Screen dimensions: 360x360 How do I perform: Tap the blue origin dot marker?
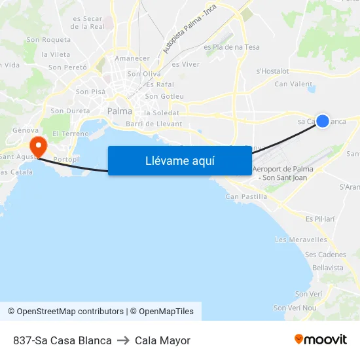[x=323, y=120]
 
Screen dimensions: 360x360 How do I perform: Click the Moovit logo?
[x=320, y=340]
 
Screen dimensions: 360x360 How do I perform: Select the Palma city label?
[x=120, y=111]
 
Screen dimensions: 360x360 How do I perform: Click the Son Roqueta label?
[x=48, y=40]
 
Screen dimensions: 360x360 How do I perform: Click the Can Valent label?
[x=293, y=84]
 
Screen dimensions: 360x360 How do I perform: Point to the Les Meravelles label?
[x=301, y=240]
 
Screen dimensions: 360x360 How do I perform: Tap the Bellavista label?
[x=328, y=268]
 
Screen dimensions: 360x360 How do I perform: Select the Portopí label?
[x=66, y=160]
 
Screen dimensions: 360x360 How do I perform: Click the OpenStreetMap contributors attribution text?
[x=69, y=312]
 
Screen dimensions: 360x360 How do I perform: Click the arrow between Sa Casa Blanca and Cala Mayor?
[x=123, y=340]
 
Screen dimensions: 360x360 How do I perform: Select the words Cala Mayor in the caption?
[x=162, y=340]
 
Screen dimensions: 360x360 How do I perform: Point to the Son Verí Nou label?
[x=295, y=308]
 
